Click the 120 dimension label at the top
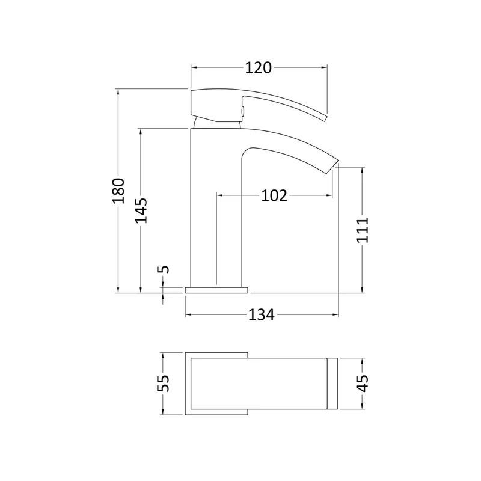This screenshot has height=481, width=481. (258, 68)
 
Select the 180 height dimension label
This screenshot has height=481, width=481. (118, 191)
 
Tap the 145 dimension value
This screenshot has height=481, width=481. (141, 210)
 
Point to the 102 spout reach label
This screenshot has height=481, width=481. (274, 195)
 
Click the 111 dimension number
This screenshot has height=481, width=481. (363, 230)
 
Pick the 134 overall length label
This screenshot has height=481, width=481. (262, 314)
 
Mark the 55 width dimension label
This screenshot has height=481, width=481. (163, 383)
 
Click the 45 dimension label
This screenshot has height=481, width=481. (363, 384)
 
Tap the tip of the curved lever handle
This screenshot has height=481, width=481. (326, 118)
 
